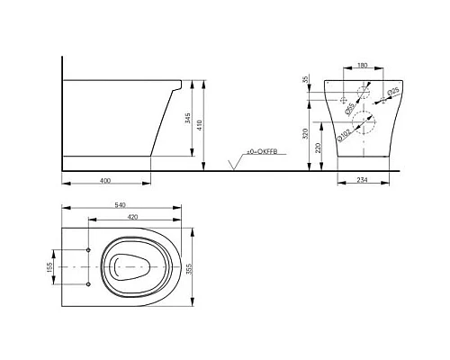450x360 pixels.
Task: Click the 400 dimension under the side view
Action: (x=105, y=181)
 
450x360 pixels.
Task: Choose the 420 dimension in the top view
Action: (x=131, y=217)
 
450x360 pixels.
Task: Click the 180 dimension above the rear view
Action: (x=362, y=66)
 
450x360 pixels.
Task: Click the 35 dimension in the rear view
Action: (x=306, y=81)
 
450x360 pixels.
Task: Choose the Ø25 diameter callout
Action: (x=394, y=93)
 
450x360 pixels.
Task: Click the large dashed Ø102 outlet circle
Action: (x=364, y=122)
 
